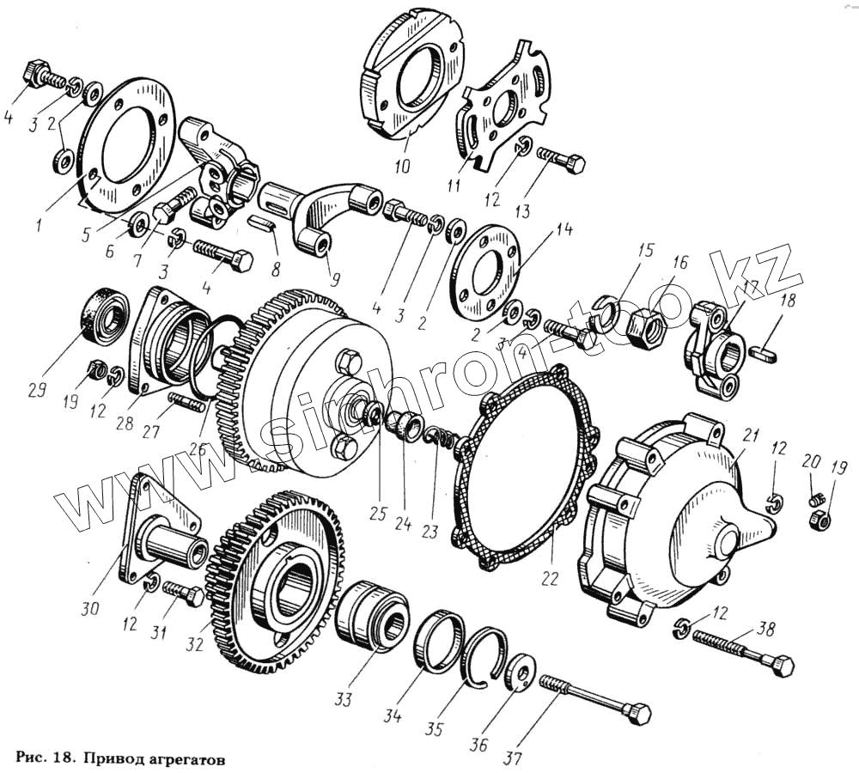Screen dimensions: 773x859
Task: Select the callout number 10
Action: (x=402, y=165)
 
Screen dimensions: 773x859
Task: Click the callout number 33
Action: (x=343, y=699)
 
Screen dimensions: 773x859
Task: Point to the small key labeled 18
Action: (x=765, y=350)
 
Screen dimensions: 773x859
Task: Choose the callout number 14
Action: (x=563, y=230)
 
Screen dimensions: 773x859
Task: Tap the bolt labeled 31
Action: (x=183, y=594)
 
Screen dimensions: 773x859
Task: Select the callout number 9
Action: (x=334, y=279)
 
